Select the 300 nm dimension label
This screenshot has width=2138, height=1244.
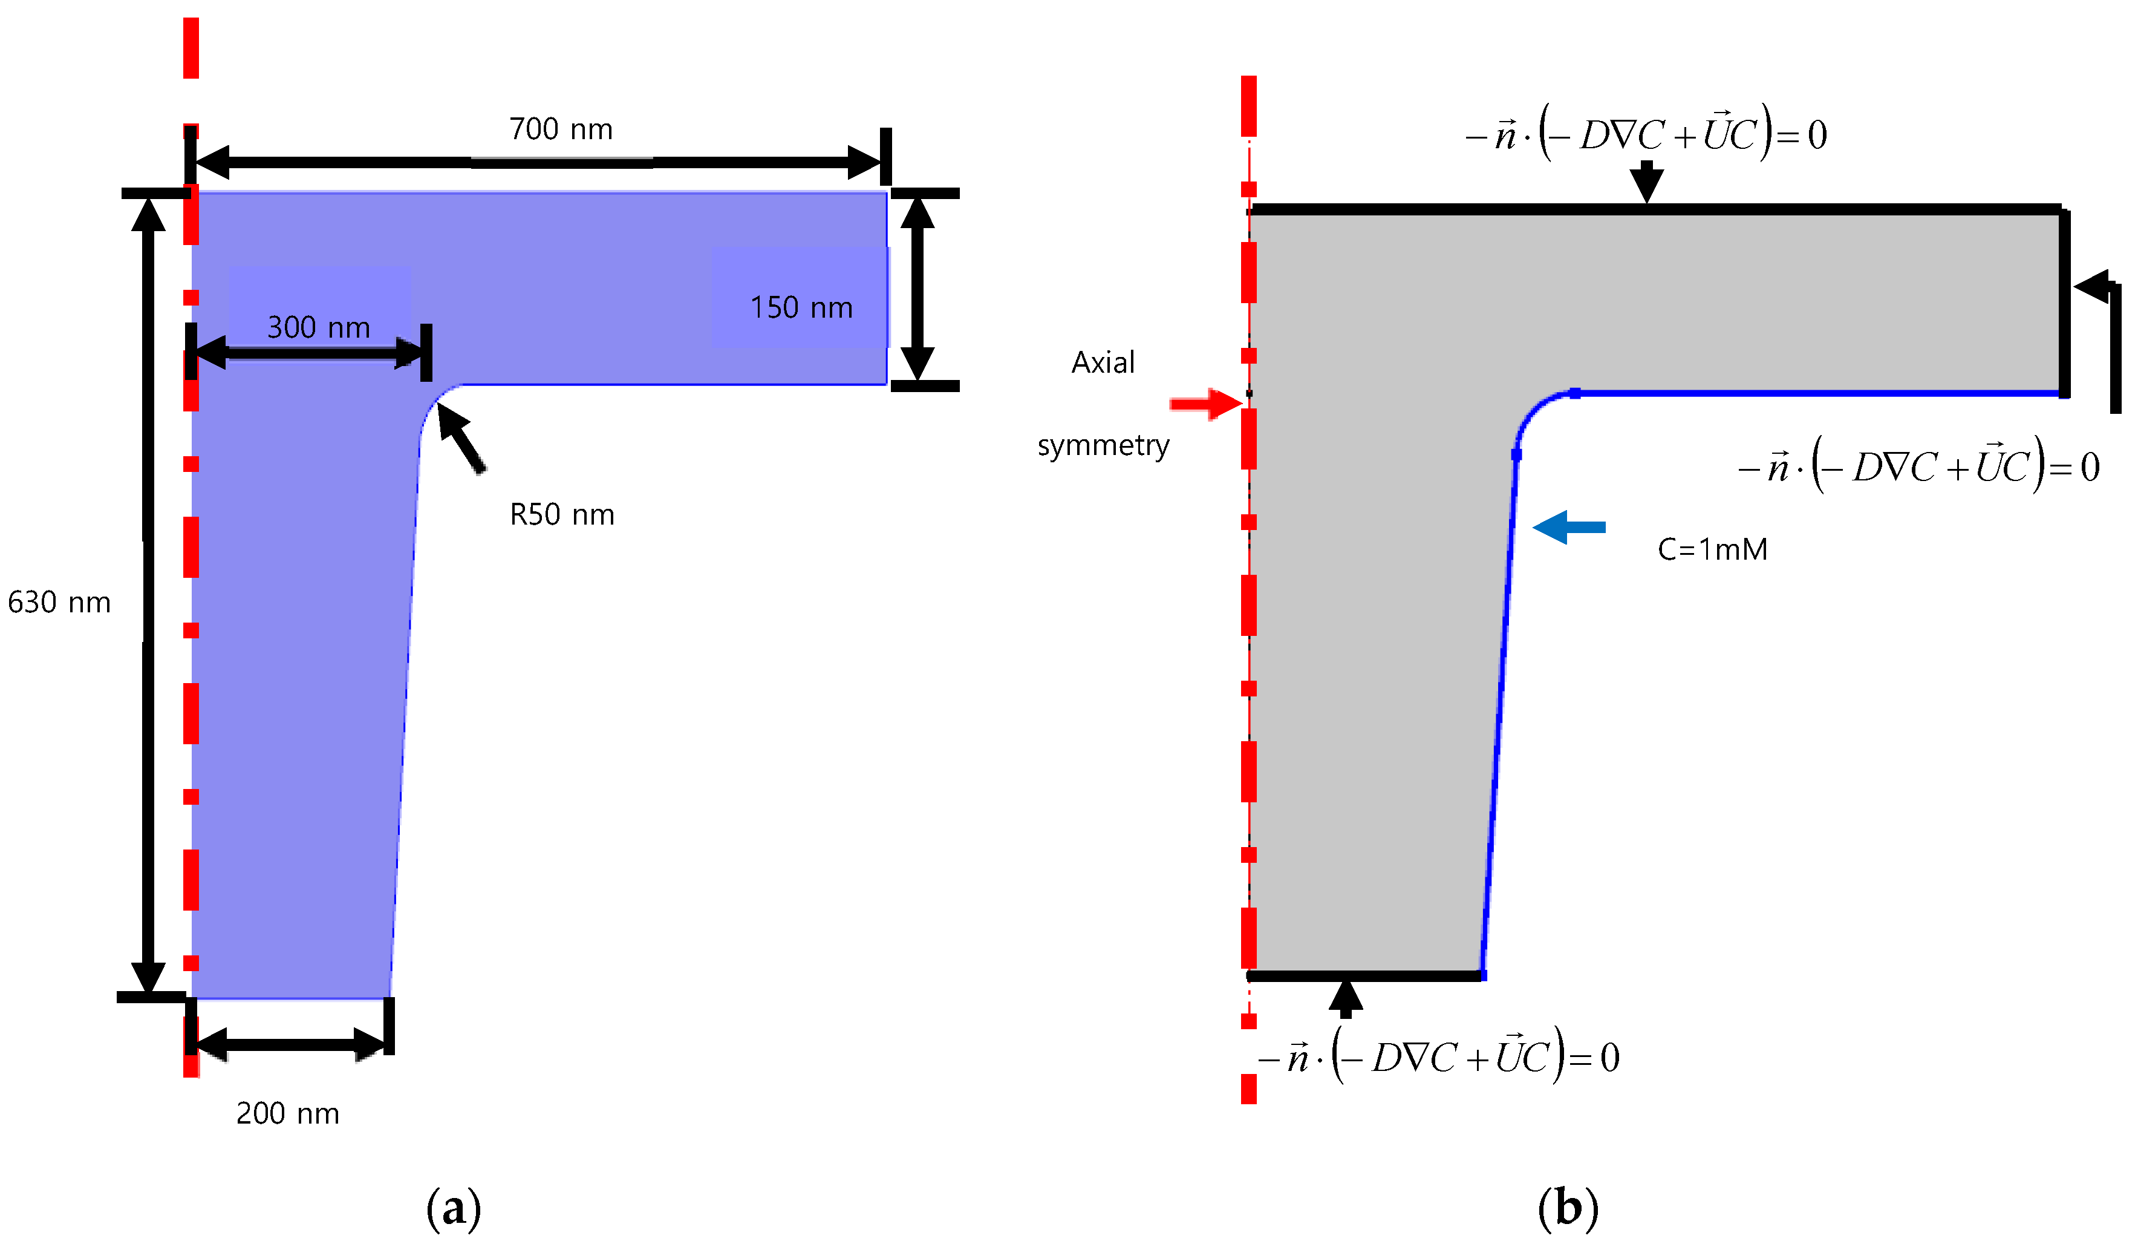(318, 327)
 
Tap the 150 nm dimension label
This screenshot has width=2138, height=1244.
(801, 307)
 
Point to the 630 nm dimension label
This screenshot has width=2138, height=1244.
(59, 603)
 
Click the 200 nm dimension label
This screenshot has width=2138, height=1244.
(288, 1113)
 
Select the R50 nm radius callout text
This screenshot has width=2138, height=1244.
(562, 515)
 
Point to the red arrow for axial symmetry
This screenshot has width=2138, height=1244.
(1205, 404)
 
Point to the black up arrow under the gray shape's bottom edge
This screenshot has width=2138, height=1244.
(1346, 999)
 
